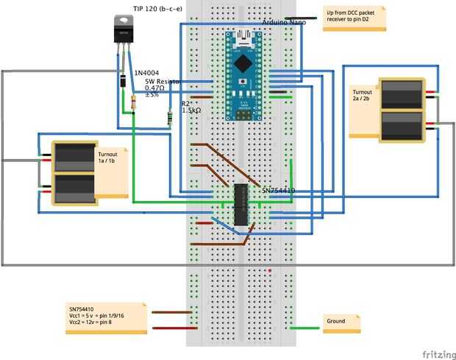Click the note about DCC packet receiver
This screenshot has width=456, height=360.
pos(355,18)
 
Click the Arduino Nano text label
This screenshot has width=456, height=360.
pos(285,24)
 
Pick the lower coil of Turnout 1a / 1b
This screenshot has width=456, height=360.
pos(74,188)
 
